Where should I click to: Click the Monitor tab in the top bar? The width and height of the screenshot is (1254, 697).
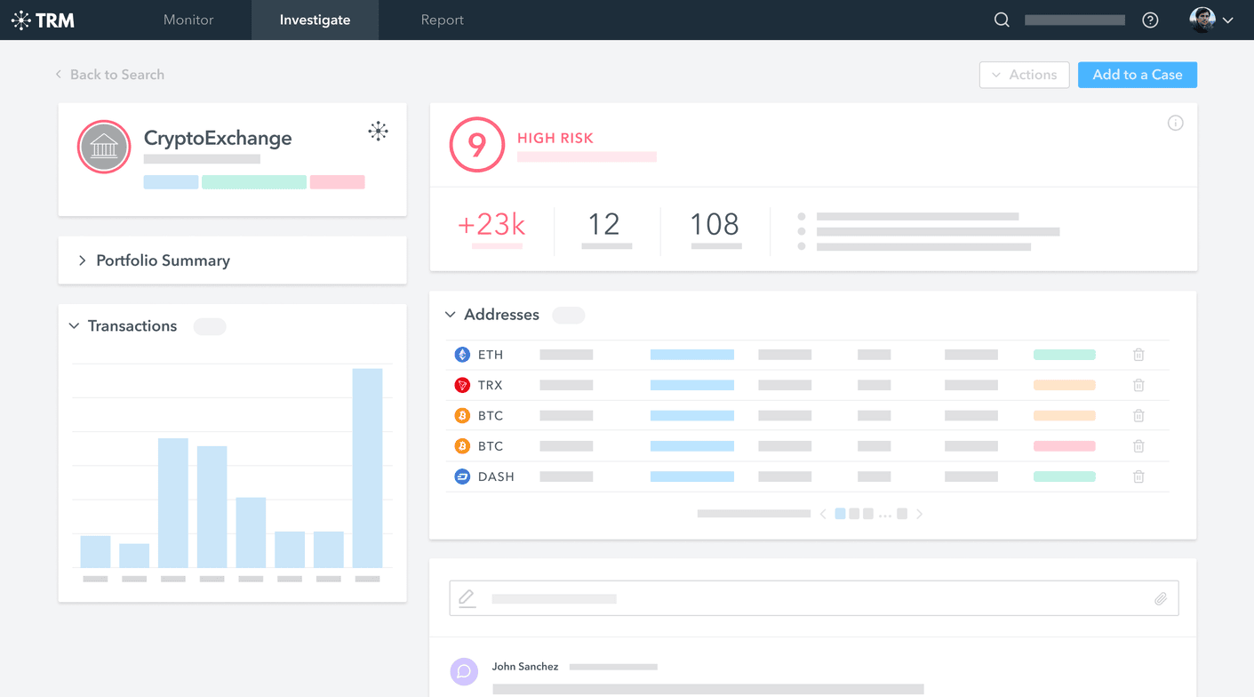(188, 20)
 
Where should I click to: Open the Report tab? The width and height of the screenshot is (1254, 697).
(442, 20)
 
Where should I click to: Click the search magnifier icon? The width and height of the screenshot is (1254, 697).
(1002, 20)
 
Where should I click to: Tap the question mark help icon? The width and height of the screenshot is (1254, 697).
(1150, 20)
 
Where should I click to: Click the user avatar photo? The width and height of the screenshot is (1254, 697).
(1202, 20)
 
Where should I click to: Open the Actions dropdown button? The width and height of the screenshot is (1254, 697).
(1024, 75)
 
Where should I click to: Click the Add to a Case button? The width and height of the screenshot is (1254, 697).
(1137, 75)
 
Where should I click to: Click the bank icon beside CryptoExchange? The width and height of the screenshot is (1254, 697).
(104, 147)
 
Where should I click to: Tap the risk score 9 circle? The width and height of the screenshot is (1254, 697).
(477, 145)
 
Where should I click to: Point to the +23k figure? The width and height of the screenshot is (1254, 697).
(491, 224)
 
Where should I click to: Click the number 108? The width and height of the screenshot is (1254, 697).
(715, 224)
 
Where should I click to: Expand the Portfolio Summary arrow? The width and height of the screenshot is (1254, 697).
(82, 260)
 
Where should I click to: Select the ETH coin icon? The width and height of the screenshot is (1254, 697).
(462, 355)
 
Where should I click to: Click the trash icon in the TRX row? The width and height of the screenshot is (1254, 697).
(1138, 385)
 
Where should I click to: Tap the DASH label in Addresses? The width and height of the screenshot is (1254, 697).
(496, 477)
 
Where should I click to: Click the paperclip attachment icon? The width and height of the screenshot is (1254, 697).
(1161, 599)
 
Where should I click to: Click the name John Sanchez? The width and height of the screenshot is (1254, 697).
(525, 667)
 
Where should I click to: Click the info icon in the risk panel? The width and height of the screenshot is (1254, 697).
(1175, 124)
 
